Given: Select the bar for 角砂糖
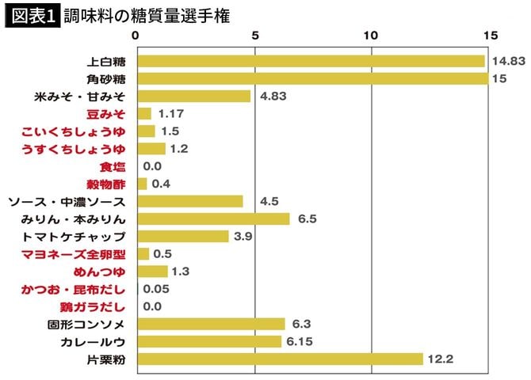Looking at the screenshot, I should pos(312,78).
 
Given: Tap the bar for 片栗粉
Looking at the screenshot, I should pos(280,359).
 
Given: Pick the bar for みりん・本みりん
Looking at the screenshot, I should pos(213,218).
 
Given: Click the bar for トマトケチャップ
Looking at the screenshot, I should pos(183,236).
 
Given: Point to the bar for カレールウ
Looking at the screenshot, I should pos(209,341).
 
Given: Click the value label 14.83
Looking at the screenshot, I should pos(507,61).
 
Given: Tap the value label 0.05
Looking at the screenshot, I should pos(156,289).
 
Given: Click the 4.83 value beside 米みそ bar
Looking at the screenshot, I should pos(271,97).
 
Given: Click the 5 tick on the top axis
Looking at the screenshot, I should pos(255,35).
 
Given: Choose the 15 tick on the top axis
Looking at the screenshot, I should pos(490,35).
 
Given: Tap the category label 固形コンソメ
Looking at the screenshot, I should pos(87,324).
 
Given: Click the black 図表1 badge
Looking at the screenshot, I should pos(32,16).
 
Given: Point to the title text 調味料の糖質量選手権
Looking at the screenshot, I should pos(147,16).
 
